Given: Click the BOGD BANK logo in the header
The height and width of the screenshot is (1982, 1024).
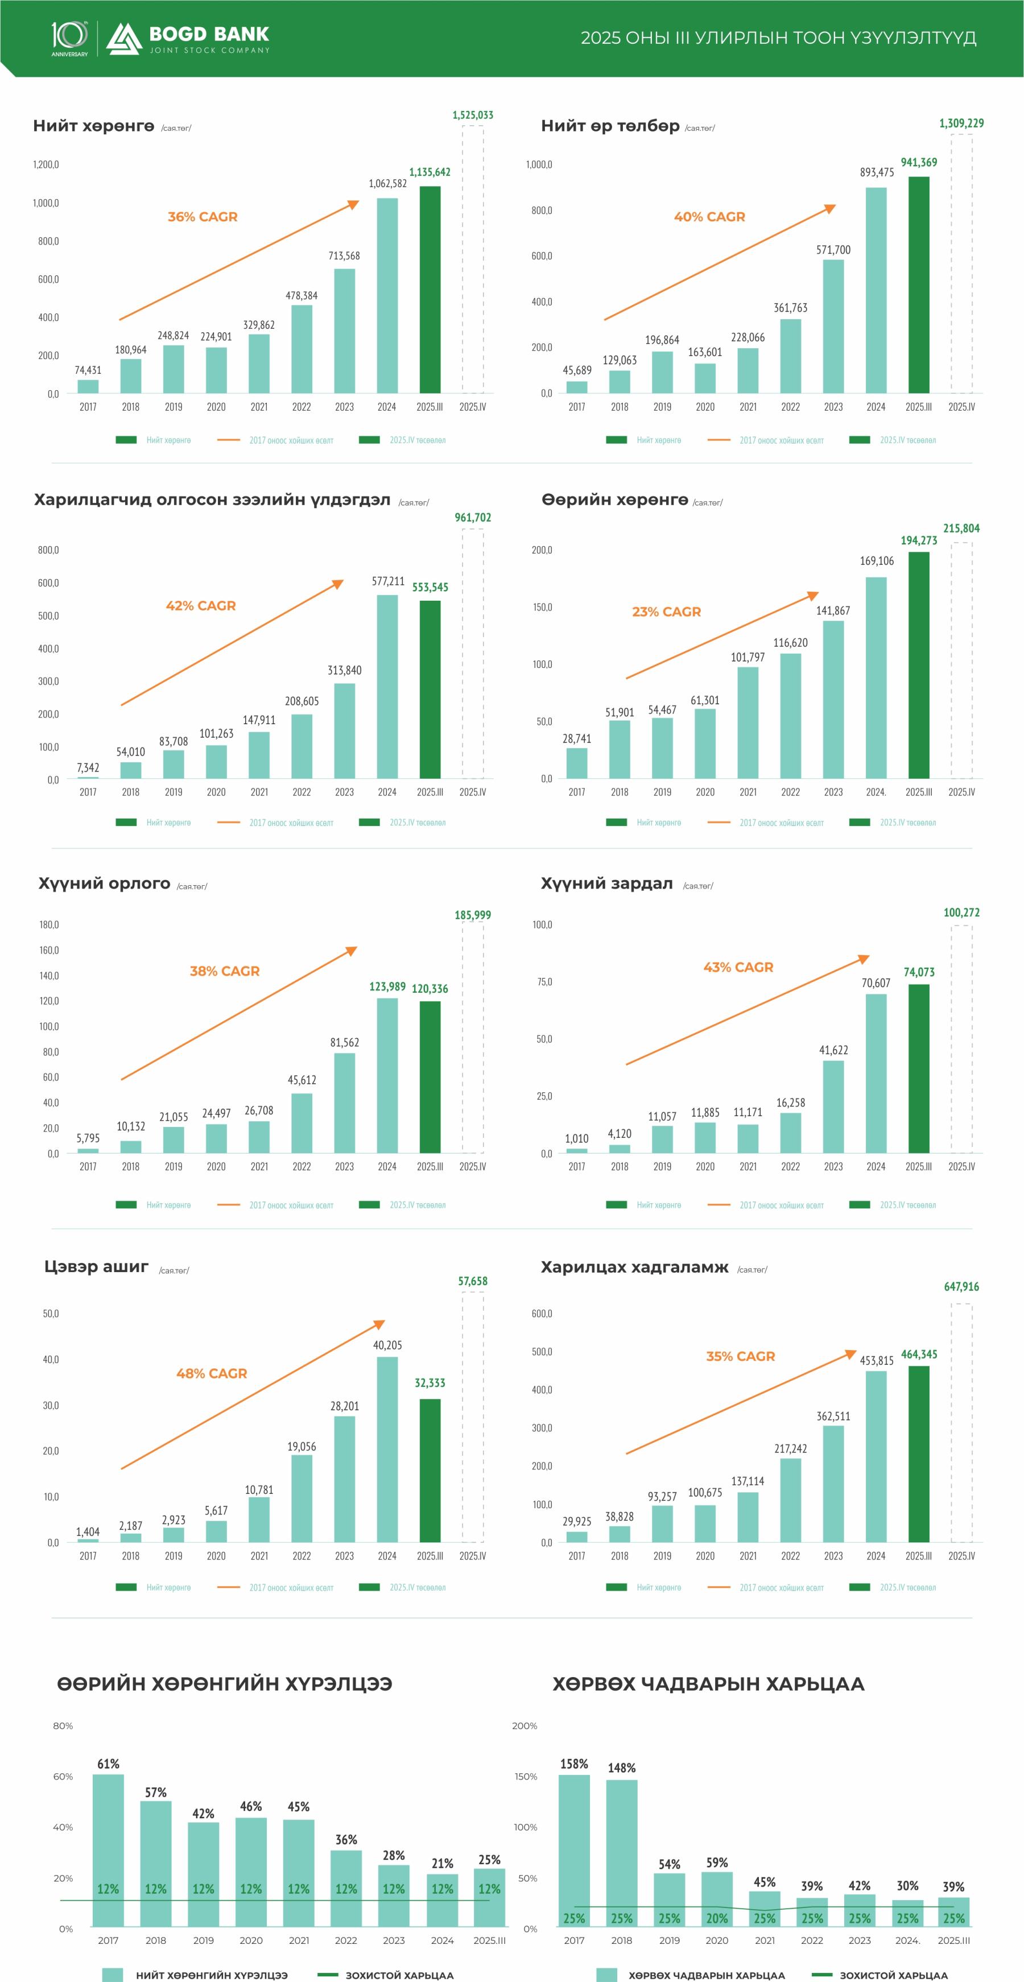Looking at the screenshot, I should tap(188, 39).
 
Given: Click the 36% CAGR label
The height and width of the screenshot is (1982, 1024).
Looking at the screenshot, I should tap(203, 217).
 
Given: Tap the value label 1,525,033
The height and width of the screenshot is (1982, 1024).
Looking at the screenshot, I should tap(472, 115).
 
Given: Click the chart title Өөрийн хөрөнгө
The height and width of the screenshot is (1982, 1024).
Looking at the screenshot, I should tap(615, 500).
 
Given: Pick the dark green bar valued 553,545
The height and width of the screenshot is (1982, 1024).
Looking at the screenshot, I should tap(430, 689).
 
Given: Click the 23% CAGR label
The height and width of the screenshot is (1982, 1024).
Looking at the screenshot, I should tap(666, 612).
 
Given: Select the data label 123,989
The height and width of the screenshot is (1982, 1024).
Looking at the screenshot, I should tap(387, 986).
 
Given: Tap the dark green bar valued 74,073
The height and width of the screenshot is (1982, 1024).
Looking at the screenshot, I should tap(919, 1069).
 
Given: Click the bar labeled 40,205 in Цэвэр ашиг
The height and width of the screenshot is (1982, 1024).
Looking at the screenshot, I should tap(387, 1450).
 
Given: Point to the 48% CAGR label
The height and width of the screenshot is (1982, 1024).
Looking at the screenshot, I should tap(212, 1373).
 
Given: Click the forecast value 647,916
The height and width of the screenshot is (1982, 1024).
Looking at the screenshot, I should tap(961, 1286).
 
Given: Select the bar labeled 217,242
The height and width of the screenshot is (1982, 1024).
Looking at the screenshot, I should tap(790, 1500).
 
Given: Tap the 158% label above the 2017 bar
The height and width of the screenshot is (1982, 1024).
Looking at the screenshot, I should tap(574, 1764).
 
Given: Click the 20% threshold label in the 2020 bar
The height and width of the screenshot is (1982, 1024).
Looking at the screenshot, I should tap(717, 1918).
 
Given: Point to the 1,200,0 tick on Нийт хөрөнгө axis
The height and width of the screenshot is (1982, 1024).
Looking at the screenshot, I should tap(46, 164).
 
